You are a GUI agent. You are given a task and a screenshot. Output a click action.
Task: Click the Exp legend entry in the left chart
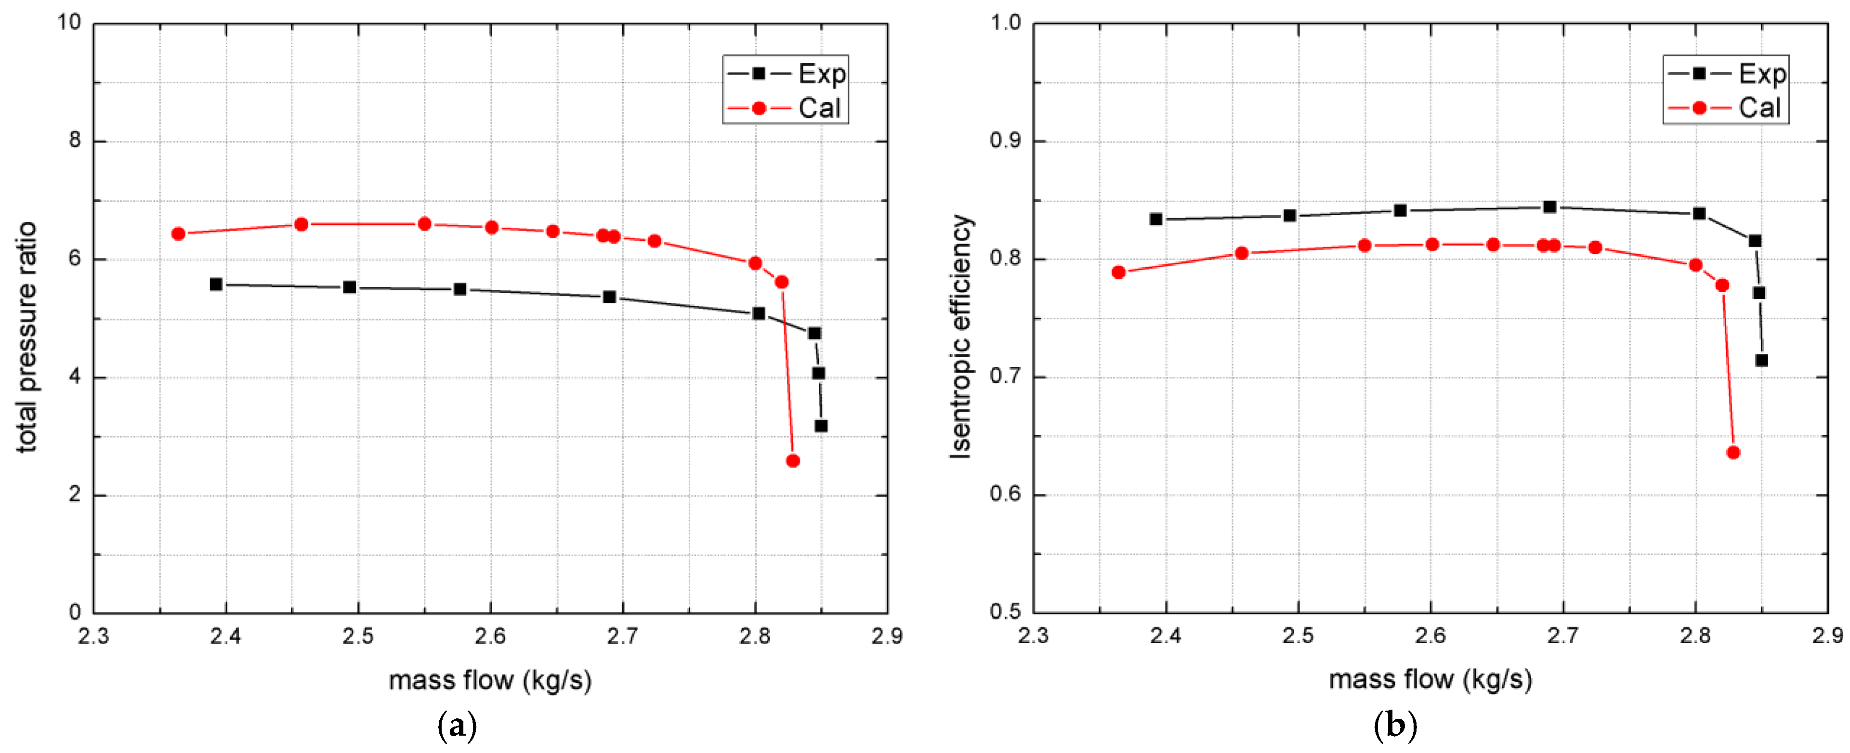point(787,73)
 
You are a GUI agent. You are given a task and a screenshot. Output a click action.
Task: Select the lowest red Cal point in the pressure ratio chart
point(793,461)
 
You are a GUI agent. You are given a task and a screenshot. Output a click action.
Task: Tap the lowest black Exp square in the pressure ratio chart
point(821,427)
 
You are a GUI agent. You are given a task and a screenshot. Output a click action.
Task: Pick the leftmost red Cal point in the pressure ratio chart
point(178,234)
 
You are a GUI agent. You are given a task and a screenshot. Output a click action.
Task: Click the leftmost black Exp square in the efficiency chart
point(1155,219)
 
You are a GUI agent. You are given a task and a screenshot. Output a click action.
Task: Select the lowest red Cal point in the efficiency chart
point(1733,452)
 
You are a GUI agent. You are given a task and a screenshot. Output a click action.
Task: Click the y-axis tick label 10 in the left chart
point(70,22)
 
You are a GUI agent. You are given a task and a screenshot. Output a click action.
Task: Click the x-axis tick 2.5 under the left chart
point(358,636)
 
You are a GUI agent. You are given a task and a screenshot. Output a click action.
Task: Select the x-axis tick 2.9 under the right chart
point(1827,636)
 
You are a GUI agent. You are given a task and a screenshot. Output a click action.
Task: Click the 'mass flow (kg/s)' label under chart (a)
point(490,679)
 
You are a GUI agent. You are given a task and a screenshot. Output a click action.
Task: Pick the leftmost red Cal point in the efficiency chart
point(1118,272)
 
